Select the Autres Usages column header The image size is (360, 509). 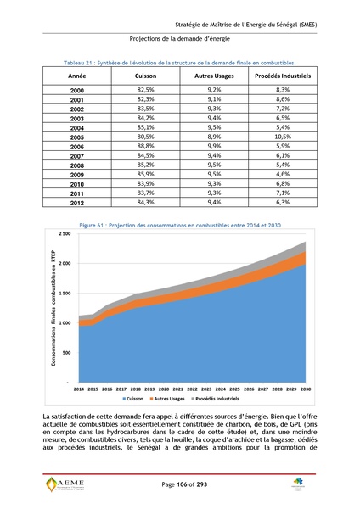pos(213,76)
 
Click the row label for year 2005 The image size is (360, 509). pos(77,137)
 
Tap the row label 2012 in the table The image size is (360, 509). pos(77,203)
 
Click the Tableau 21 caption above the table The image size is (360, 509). pos(179,63)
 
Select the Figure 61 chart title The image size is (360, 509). pos(179,224)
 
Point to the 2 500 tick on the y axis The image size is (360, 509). pos(65,233)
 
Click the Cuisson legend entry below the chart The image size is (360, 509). pos(137,397)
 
